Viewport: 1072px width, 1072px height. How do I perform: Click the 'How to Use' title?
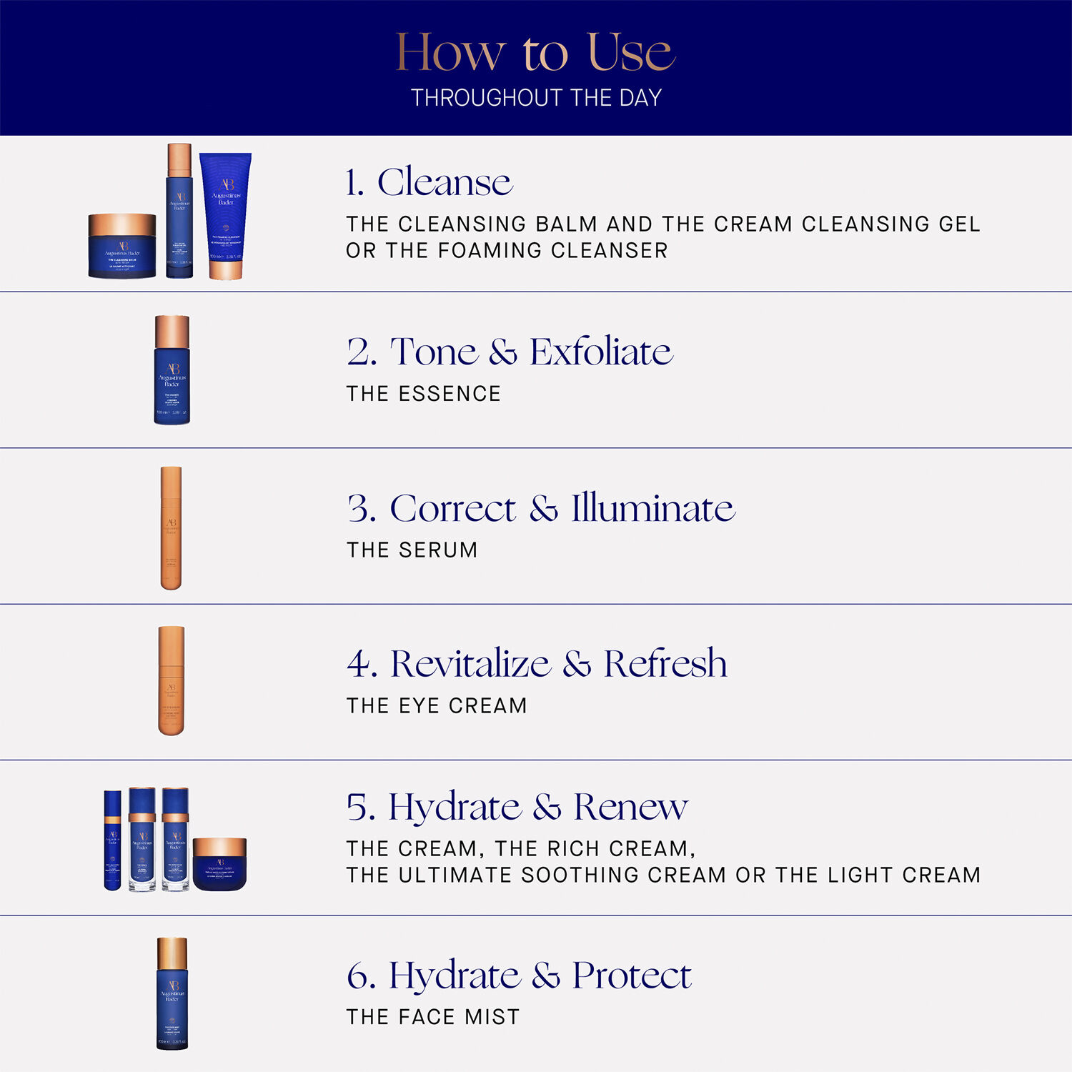click(x=535, y=52)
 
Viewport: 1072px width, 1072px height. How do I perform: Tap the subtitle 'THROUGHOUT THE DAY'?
click(x=536, y=98)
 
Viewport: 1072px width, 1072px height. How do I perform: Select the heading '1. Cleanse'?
click(x=429, y=182)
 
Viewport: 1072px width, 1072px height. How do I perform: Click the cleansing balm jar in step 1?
click(x=122, y=245)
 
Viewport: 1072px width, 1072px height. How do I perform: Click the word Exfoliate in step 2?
click(x=601, y=352)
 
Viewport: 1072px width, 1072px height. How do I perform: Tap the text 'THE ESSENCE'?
click(x=423, y=394)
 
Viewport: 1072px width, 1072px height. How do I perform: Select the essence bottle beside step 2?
click(x=172, y=370)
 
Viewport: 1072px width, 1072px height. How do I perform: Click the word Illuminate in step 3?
click(x=652, y=508)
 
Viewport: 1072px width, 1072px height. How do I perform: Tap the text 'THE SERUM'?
click(x=412, y=550)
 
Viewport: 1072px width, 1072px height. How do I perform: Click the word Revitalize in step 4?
click(x=470, y=663)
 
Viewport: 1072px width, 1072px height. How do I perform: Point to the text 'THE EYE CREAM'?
click(x=437, y=705)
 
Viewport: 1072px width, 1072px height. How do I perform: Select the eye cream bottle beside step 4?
click(x=172, y=680)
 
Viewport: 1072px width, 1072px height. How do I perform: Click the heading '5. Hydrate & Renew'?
click(x=517, y=807)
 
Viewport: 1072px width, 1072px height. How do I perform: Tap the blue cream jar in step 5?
click(x=219, y=864)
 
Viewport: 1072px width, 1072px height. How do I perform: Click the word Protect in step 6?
click(x=632, y=976)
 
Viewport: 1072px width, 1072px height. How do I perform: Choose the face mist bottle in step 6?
click(x=172, y=993)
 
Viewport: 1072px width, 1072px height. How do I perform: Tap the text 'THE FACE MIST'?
click(x=432, y=1016)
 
